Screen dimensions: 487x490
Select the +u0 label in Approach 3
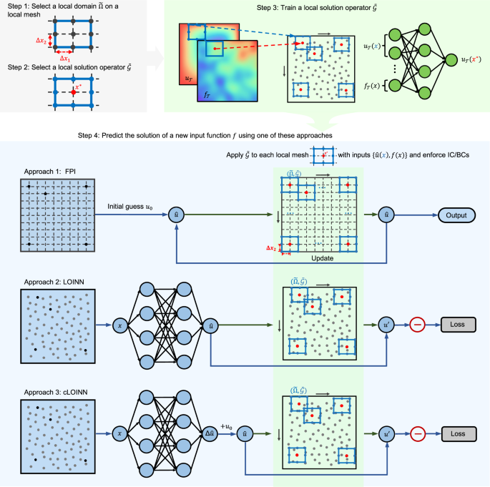point(228,426)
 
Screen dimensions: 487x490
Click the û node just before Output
point(387,214)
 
